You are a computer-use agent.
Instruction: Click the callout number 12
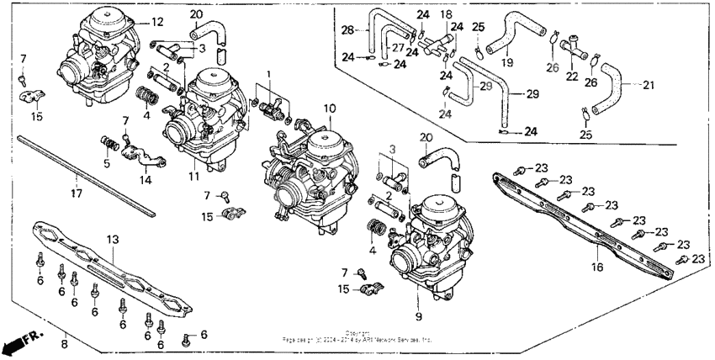pyautogui.click(x=157, y=20)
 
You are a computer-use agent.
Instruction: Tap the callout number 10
pyautogui.click(x=329, y=109)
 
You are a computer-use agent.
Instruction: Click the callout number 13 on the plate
pyautogui.click(x=112, y=240)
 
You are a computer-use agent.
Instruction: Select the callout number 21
pyautogui.click(x=647, y=84)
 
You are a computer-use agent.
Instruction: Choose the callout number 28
pyautogui.click(x=347, y=30)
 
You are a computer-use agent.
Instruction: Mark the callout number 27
pyautogui.click(x=397, y=49)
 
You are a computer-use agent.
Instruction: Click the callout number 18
pyautogui.click(x=446, y=15)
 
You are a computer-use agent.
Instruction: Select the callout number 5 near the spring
pyautogui.click(x=107, y=163)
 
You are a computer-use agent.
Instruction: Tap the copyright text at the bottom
pyautogui.click(x=357, y=337)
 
